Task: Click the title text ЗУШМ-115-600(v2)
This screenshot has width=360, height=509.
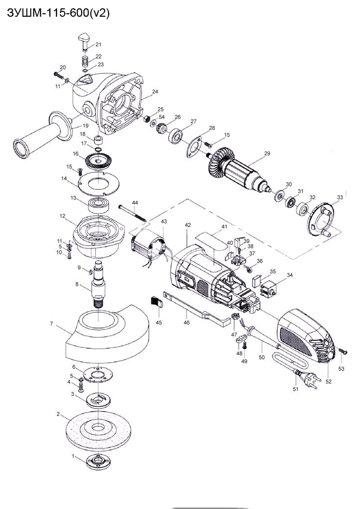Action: [58, 13]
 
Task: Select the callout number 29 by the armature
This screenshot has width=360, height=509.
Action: [267, 154]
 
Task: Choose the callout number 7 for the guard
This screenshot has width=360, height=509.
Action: [52, 323]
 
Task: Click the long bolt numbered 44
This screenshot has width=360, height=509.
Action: [132, 212]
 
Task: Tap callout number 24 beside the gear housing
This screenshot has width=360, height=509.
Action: [155, 92]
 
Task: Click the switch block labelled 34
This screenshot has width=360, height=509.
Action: [270, 289]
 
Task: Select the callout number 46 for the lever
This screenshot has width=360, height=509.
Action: [186, 323]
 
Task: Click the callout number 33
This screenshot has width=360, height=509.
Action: [340, 197]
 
